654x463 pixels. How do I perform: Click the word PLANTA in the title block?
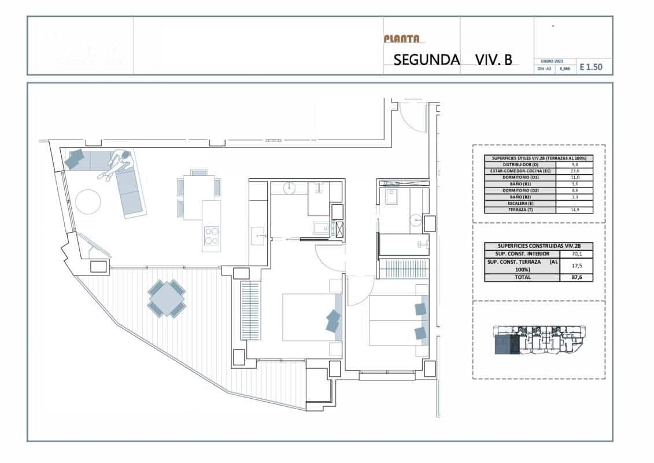[401, 39]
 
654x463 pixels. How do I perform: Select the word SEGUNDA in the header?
[426, 60]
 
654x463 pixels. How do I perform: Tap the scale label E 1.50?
[590, 67]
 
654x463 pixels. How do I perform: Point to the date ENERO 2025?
[552, 61]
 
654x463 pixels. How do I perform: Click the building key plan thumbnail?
[538, 340]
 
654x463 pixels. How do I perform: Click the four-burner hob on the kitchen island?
[211, 236]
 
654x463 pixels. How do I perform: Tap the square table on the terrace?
[167, 298]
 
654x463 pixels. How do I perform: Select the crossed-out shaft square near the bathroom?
[340, 229]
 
